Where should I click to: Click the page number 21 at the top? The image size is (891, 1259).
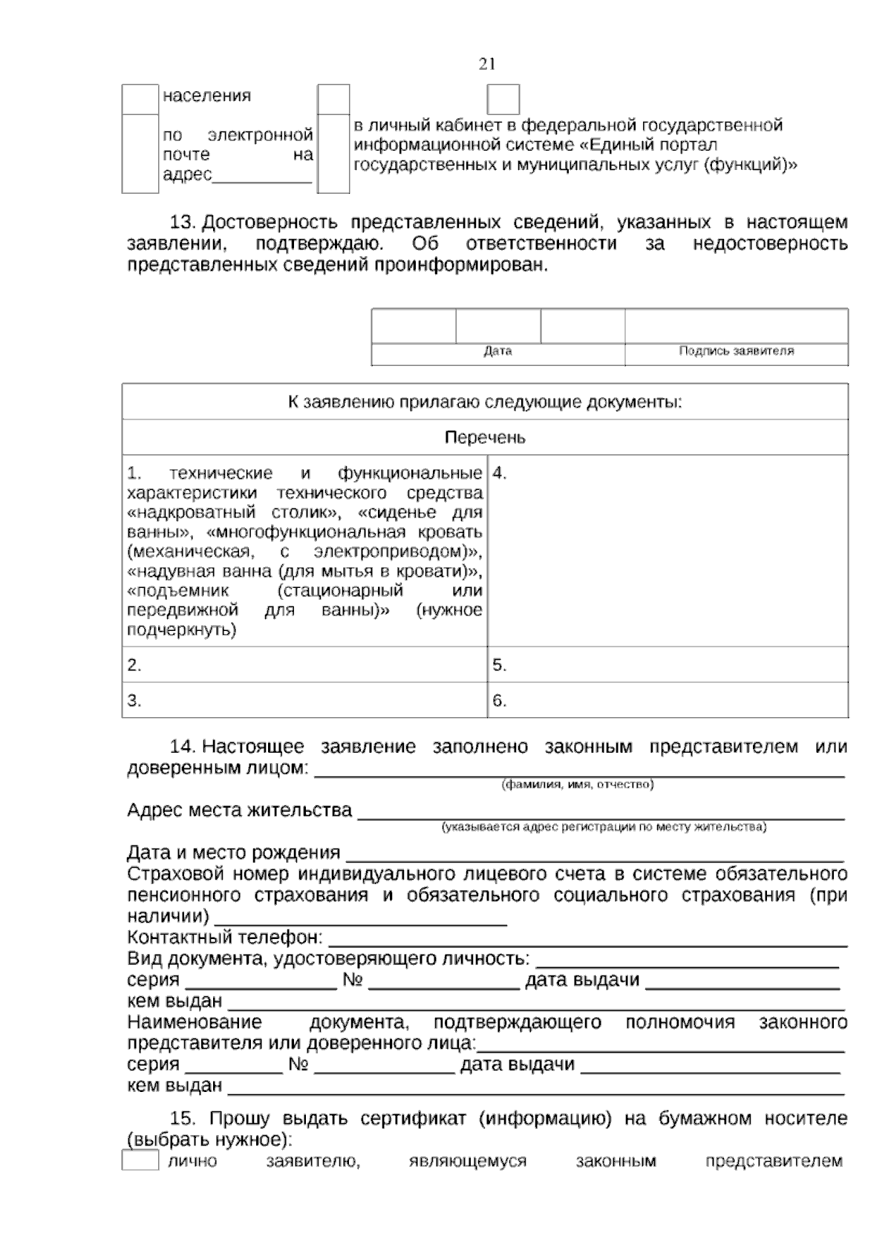point(487,65)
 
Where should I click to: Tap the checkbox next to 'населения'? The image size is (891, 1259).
point(140,99)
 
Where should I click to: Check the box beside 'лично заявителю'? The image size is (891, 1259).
point(140,1160)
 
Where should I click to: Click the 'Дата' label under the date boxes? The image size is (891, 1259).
point(497,351)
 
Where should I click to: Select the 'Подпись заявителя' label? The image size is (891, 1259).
point(736,351)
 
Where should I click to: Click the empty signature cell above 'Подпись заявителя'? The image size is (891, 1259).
point(736,326)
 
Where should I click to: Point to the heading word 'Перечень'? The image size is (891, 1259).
point(485,438)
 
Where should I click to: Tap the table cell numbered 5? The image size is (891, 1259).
point(667,665)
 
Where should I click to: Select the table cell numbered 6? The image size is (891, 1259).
point(667,701)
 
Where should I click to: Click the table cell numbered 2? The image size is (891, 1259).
point(304,665)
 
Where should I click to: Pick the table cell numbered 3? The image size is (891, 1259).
point(304,701)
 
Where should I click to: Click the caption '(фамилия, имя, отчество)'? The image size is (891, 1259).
point(578,785)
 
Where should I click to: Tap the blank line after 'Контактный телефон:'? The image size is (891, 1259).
point(587,940)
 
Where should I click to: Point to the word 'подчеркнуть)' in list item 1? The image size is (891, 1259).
point(182,630)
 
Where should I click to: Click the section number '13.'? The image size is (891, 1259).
point(183,223)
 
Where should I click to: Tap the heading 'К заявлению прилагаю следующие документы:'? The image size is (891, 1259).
point(485,402)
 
